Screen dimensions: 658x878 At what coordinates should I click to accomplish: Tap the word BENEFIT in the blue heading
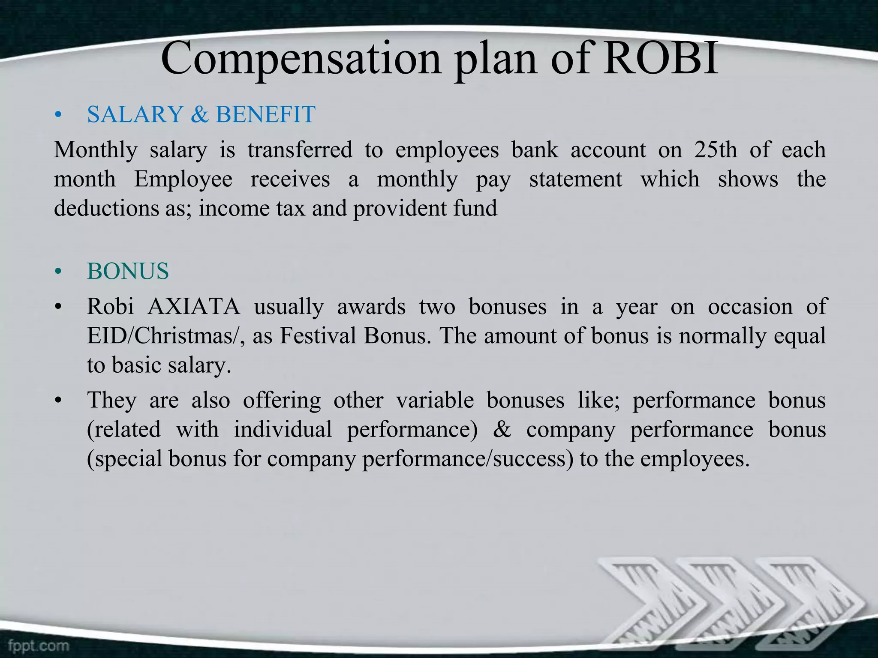tap(265, 114)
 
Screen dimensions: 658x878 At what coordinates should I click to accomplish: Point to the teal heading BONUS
tap(128, 271)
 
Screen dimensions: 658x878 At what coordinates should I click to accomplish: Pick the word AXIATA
tap(194, 307)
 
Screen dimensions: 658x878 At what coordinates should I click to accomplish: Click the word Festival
tap(318, 336)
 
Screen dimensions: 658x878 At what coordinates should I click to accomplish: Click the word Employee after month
tap(183, 179)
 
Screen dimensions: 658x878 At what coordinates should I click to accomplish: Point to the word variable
tap(434, 400)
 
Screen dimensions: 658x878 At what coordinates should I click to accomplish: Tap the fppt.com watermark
tap(38, 645)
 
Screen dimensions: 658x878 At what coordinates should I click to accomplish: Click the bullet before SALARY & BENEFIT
tap(59, 115)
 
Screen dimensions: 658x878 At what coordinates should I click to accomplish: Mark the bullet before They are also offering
tap(59, 401)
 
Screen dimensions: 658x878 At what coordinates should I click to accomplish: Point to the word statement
tap(575, 179)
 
